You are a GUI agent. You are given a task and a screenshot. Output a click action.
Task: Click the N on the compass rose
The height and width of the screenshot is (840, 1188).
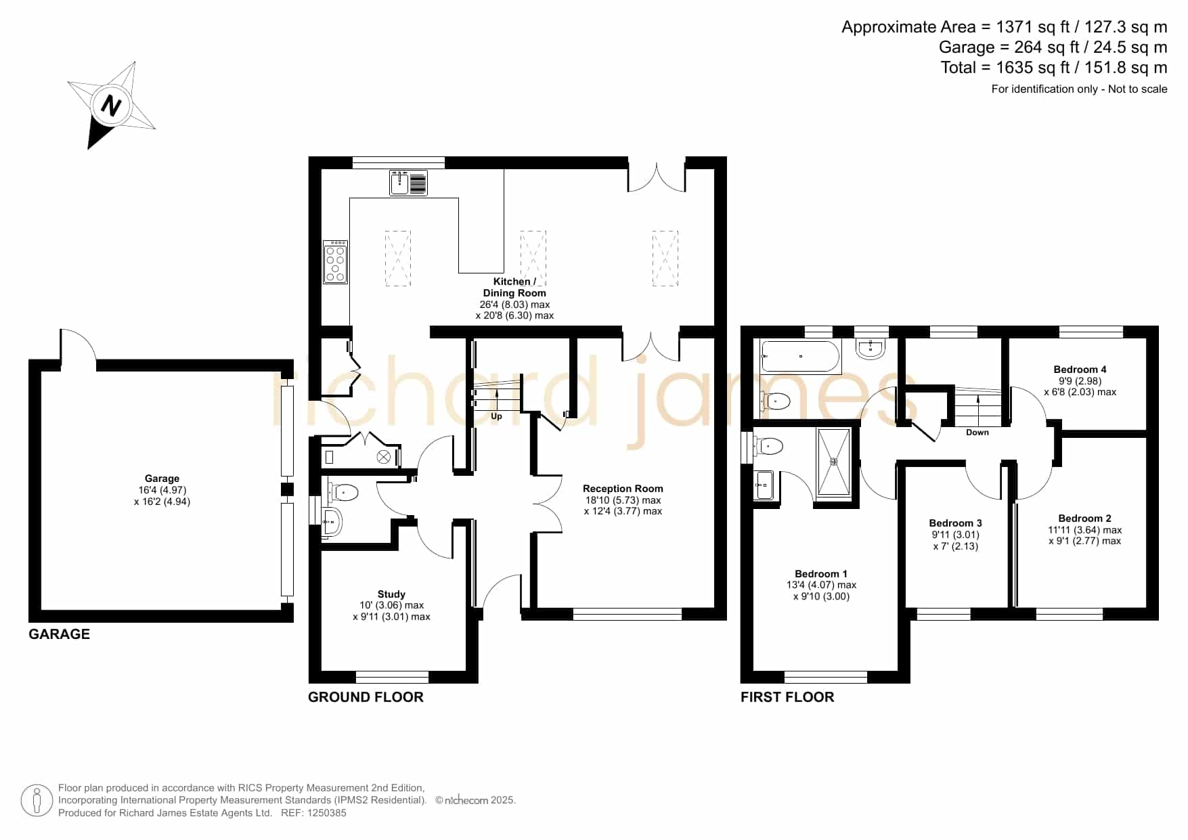[111, 106]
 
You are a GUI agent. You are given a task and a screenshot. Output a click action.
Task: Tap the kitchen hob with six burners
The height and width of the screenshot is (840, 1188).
[335, 262]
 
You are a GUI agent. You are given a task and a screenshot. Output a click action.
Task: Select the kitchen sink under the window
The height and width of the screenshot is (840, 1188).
[408, 183]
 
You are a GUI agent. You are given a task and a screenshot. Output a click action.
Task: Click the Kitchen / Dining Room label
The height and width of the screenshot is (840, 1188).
[514, 287]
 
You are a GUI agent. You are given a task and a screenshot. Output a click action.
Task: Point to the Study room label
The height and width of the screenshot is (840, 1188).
[391, 594]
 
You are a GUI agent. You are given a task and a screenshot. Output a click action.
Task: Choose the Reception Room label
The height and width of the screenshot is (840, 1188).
[623, 488]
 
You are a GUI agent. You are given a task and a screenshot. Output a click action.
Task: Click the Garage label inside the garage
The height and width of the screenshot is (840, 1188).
[162, 479]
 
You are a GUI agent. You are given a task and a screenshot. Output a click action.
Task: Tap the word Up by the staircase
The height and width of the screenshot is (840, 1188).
[496, 416]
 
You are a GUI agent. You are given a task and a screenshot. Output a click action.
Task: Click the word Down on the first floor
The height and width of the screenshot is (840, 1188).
[977, 432]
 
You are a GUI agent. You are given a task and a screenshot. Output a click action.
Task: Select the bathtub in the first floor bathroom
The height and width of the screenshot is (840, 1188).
[801, 356]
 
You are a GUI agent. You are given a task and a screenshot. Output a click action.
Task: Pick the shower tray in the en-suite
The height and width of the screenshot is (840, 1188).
[834, 462]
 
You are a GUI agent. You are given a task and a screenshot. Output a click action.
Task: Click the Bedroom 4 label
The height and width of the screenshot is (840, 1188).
[1080, 369]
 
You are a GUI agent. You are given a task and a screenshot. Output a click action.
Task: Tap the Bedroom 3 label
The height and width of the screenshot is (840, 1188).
[955, 523]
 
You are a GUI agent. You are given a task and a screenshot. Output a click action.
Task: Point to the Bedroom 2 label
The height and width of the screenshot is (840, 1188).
[1084, 518]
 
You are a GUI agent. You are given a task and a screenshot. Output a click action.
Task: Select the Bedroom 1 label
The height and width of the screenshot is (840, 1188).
[821, 573]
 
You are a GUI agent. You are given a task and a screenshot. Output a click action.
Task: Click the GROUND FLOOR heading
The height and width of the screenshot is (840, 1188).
[366, 697]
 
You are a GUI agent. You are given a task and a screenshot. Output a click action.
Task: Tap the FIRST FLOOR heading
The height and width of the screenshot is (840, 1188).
[787, 697]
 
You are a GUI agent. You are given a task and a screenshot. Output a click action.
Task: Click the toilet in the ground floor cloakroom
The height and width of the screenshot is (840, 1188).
[343, 491]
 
